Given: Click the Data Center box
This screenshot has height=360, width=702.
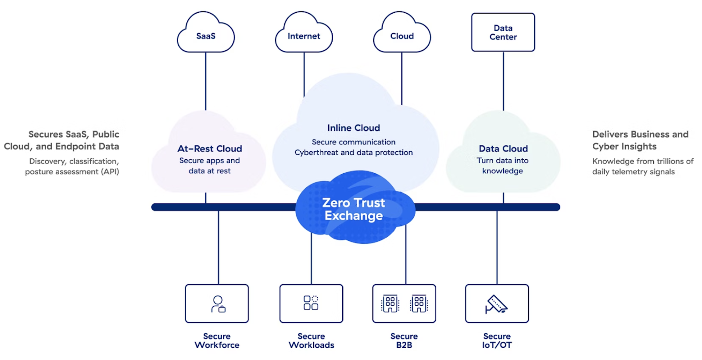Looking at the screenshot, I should pyautogui.click(x=503, y=32).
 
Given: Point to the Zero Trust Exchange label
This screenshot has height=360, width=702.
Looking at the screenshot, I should pyautogui.click(x=354, y=209).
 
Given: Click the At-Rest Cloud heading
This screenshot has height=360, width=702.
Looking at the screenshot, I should pyautogui.click(x=210, y=149).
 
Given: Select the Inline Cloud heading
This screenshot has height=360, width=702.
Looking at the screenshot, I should pyautogui.click(x=354, y=128).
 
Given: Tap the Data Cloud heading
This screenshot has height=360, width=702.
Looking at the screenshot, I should pyautogui.click(x=503, y=149).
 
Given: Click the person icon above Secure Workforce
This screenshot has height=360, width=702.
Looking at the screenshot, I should pyautogui.click(x=218, y=303).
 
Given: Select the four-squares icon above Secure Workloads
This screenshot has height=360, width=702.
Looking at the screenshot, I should pyautogui.click(x=311, y=303).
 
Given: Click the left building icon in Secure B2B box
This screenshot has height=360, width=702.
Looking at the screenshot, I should pyautogui.click(x=390, y=303).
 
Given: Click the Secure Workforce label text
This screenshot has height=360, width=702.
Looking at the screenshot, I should pyautogui.click(x=217, y=341).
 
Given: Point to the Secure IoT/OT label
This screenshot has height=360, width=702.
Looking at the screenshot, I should pyautogui.click(x=497, y=341).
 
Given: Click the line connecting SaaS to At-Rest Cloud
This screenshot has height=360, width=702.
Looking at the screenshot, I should pyautogui.click(x=205, y=81).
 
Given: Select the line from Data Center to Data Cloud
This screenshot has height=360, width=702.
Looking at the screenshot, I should pyautogui.click(x=503, y=81).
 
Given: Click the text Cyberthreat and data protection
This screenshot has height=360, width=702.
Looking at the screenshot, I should pyautogui.click(x=354, y=153).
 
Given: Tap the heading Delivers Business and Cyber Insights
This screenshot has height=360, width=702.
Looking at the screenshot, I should pyautogui.click(x=640, y=140).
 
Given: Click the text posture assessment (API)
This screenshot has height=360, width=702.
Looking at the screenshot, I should pyautogui.click(x=72, y=172).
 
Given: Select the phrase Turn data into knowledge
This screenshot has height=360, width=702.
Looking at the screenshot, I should pyautogui.click(x=503, y=166).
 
